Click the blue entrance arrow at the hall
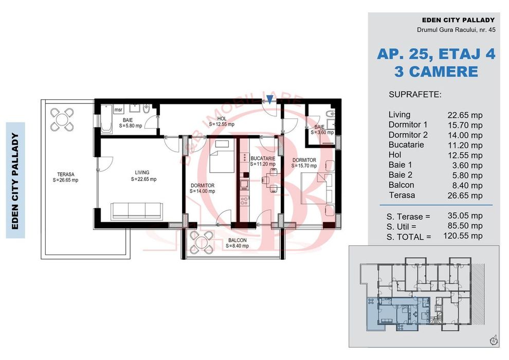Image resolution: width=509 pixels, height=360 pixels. click(x=269, y=99)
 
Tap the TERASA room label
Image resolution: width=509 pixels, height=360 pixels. click(x=66, y=174)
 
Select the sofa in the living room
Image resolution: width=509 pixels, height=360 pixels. click(x=137, y=211)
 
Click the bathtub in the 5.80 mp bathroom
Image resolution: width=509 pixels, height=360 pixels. click(x=106, y=119)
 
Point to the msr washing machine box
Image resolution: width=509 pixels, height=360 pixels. click(x=118, y=110)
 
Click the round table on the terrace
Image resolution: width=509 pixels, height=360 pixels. click(x=62, y=119)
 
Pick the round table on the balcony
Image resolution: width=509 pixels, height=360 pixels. click(x=202, y=243)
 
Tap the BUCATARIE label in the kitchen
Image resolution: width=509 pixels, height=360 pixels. click(x=263, y=158)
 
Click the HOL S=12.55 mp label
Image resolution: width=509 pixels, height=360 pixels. click(x=222, y=121)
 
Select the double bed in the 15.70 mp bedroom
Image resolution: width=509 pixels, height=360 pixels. click(x=317, y=188)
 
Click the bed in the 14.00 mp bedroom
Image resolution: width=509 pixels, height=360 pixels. click(x=222, y=156)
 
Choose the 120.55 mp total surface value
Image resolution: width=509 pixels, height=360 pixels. click(x=463, y=236)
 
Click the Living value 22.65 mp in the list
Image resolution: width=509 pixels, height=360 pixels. click(x=465, y=115)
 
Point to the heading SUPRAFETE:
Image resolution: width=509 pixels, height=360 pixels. click(x=415, y=95)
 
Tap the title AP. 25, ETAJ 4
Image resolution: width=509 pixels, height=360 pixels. click(x=436, y=54)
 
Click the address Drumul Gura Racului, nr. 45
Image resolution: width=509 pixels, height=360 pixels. click(x=456, y=30)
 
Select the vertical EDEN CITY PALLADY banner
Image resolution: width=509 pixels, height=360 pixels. click(x=15, y=181)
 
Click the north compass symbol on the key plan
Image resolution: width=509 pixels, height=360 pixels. click(x=494, y=340)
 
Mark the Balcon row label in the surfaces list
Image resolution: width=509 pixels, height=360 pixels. click(x=401, y=185)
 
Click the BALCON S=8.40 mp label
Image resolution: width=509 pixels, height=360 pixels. click(x=238, y=243)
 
